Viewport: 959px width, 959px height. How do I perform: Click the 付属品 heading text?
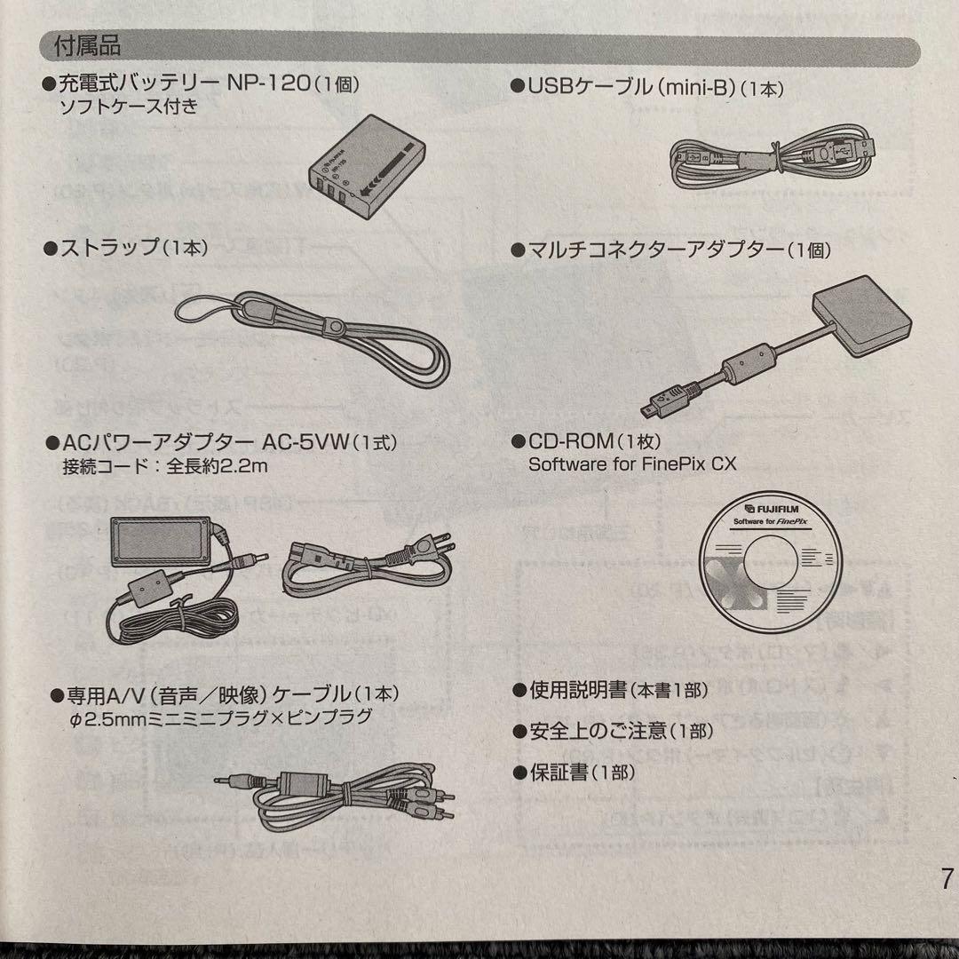pyautogui.click(x=87, y=44)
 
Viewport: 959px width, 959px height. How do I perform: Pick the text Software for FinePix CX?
pyautogui.click(x=632, y=464)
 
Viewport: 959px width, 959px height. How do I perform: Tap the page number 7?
pyautogui.click(x=946, y=880)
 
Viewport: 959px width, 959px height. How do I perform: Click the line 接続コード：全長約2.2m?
pyautogui.click(x=163, y=464)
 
